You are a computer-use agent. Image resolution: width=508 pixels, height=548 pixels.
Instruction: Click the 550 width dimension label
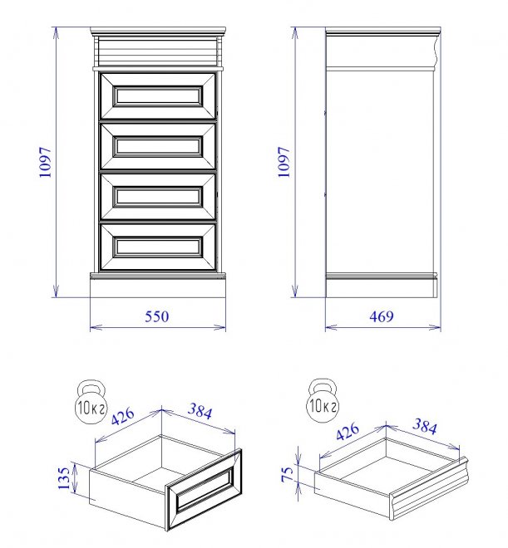(x=157, y=316)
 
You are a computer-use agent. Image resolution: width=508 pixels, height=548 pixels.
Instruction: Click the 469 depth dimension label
(x=382, y=316)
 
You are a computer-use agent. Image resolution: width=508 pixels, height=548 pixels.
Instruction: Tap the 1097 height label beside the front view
(x=46, y=162)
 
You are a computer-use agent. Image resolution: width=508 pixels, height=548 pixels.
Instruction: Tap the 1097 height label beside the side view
(x=284, y=162)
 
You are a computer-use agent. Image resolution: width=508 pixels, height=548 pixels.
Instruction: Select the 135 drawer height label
(x=64, y=478)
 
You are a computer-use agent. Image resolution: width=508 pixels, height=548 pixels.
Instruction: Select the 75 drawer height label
(x=287, y=475)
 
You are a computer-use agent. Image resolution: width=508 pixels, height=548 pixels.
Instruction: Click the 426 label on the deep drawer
(x=122, y=416)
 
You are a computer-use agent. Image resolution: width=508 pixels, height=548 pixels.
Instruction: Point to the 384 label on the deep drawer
(x=200, y=411)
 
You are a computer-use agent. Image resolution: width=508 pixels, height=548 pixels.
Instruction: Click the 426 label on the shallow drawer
(x=348, y=432)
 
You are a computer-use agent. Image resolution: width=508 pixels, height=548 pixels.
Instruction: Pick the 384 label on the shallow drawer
(x=425, y=427)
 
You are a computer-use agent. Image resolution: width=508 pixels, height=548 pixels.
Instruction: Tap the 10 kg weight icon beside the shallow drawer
(x=323, y=400)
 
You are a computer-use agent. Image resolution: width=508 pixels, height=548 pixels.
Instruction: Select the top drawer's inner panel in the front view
(x=158, y=95)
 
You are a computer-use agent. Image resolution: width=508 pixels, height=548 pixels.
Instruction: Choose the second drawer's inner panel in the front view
(x=158, y=146)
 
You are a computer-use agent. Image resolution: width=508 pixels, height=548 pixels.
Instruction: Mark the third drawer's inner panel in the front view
(x=158, y=197)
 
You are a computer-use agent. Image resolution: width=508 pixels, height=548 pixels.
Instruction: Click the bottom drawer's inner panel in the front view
(x=158, y=247)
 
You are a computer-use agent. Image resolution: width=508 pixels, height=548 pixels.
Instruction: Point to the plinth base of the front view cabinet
(x=158, y=285)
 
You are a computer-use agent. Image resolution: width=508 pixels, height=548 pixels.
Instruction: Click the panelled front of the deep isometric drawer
(x=205, y=489)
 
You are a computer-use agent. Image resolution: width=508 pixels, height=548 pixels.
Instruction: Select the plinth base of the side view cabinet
(x=382, y=286)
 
